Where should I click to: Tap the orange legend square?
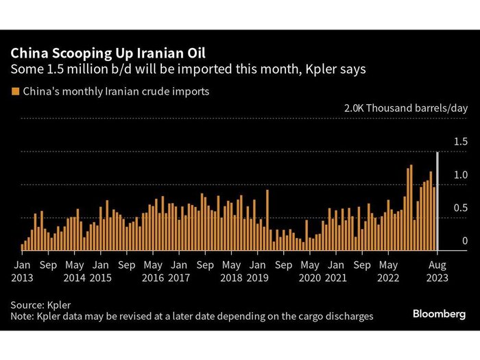(14, 91)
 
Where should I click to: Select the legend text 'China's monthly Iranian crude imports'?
(116, 91)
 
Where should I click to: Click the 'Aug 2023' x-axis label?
(437, 272)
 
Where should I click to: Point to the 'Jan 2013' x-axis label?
(22, 272)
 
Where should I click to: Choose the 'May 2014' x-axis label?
(75, 272)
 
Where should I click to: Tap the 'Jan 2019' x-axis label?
(258, 272)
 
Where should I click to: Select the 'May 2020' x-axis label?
(310, 272)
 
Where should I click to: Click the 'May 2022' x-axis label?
(389, 272)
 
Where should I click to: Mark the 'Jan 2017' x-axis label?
(179, 272)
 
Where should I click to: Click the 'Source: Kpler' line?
(40, 304)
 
